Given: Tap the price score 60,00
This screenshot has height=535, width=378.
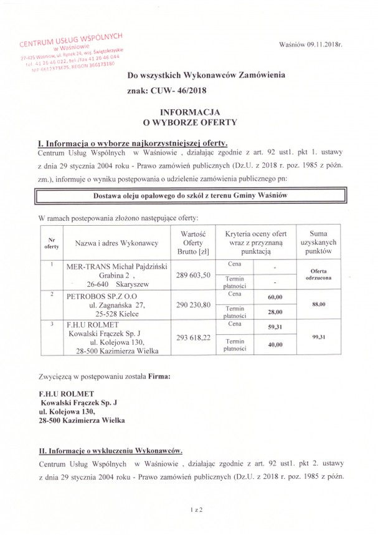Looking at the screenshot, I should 275,297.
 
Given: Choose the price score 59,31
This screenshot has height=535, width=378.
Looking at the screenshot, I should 275,327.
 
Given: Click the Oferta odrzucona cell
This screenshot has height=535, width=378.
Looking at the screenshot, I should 319,274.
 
